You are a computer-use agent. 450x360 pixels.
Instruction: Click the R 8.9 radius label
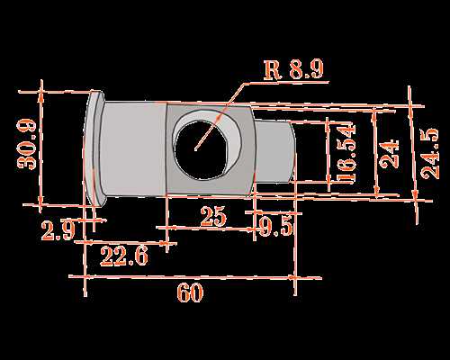(x=294, y=69)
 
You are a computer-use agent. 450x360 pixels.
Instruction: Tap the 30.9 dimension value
(x=27, y=144)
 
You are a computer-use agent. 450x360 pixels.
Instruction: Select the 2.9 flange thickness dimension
(x=58, y=230)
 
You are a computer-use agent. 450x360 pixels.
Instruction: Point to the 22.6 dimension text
(x=124, y=256)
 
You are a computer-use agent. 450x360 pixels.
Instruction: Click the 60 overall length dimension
(x=190, y=292)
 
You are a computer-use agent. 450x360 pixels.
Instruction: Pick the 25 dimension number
(x=212, y=216)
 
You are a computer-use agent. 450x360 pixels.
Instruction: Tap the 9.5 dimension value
(x=275, y=227)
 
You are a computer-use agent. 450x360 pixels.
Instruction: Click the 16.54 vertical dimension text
(x=346, y=153)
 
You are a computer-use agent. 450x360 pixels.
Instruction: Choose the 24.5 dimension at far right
(x=429, y=154)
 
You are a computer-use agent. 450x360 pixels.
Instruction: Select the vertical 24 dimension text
(x=390, y=154)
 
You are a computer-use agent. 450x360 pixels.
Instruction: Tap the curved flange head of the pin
(x=94, y=148)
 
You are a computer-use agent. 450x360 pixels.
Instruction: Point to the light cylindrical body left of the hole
(x=133, y=149)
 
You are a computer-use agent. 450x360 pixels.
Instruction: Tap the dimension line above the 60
(x=195, y=277)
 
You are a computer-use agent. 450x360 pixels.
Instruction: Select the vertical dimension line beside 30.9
(x=41, y=147)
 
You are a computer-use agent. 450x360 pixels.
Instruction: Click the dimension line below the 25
(x=207, y=229)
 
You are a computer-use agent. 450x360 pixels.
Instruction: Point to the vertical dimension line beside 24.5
(x=413, y=155)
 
